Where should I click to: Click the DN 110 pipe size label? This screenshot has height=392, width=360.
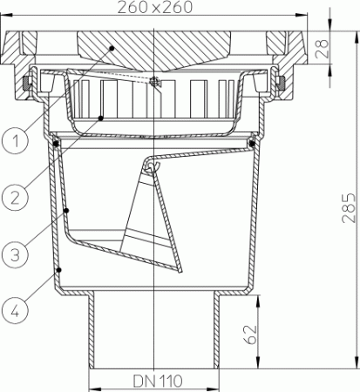point(152,382)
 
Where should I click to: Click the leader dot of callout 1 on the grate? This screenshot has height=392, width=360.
point(112,49)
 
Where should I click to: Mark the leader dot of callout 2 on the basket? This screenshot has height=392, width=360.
point(101,117)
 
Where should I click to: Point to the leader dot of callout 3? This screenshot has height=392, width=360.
point(67,212)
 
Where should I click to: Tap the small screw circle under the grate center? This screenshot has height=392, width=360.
point(153,83)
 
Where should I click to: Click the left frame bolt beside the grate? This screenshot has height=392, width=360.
point(26,84)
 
